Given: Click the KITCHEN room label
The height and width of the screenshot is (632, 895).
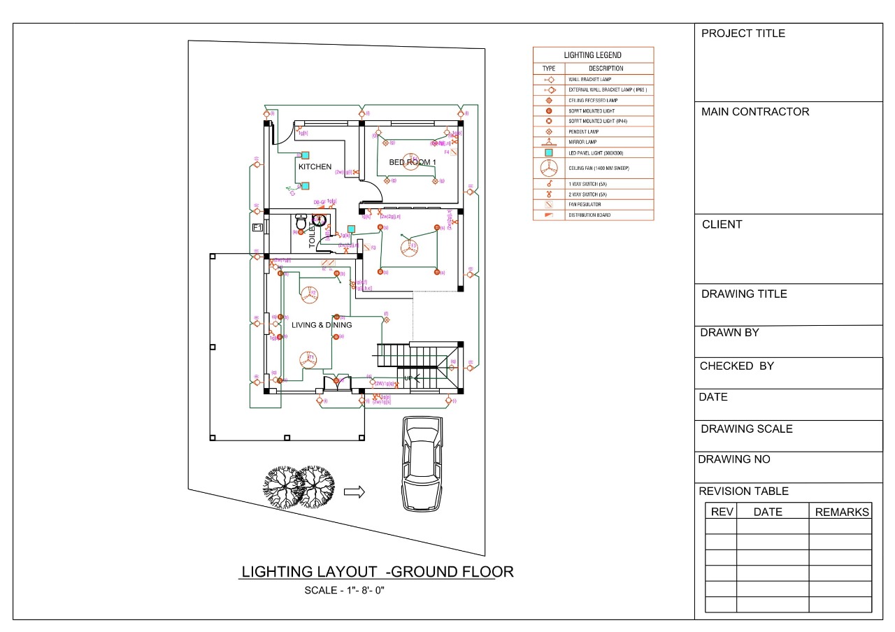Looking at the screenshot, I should (315, 167).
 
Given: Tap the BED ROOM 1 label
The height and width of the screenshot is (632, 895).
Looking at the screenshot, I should (413, 162).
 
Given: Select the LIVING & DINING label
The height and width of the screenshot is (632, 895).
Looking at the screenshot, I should (322, 325).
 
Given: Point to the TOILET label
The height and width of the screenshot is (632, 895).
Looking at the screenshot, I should (313, 235).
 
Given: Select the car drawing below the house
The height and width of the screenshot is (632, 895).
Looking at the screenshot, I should (422, 464).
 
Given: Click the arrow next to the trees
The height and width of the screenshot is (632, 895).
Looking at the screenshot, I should (355, 492).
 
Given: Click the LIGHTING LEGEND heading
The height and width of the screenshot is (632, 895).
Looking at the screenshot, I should (592, 55).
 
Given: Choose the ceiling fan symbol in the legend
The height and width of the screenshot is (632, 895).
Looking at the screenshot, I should (549, 168).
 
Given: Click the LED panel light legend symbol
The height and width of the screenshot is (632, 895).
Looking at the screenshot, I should (549, 152).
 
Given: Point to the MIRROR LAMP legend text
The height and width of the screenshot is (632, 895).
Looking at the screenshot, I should (584, 142).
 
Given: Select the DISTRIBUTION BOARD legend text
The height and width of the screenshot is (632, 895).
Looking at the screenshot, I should (589, 215).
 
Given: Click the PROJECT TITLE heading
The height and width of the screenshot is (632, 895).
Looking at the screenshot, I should (743, 34).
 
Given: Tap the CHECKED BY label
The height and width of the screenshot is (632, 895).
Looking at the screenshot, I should (736, 366).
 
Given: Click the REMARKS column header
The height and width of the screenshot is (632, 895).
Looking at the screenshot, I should (841, 512).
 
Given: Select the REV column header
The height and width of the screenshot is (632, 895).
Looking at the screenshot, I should (722, 512).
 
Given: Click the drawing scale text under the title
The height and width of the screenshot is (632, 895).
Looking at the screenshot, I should (345, 590).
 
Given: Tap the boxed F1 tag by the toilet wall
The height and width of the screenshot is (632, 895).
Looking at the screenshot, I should (257, 228).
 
